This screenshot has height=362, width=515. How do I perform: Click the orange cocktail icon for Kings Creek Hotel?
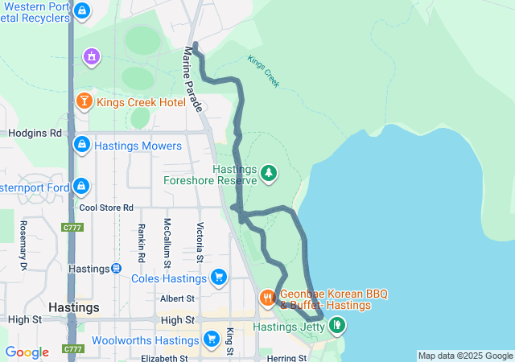click(84, 102)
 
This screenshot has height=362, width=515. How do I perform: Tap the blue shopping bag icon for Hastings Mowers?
click(81, 146)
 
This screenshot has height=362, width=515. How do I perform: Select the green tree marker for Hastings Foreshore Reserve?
click(268, 172)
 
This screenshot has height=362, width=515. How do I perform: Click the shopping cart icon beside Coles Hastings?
click(218, 278)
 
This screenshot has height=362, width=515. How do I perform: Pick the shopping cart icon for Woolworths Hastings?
click(212, 339)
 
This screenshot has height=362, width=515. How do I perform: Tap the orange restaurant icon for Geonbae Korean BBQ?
click(267, 299)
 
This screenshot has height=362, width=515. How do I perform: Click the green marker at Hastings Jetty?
click(337, 326)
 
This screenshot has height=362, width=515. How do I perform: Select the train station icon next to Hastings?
click(117, 268)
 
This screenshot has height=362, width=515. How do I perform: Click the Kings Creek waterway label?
click(263, 72)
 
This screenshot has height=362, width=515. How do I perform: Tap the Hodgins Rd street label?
click(35, 133)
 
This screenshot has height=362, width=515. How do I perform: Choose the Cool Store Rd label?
click(105, 208)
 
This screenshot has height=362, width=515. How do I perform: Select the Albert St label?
click(177, 298)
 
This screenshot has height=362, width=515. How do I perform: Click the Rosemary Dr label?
click(23, 245)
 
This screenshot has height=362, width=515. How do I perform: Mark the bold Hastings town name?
click(74, 307)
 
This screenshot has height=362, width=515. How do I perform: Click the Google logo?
click(27, 352)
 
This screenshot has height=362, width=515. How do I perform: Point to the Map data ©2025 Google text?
click(465, 356)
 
